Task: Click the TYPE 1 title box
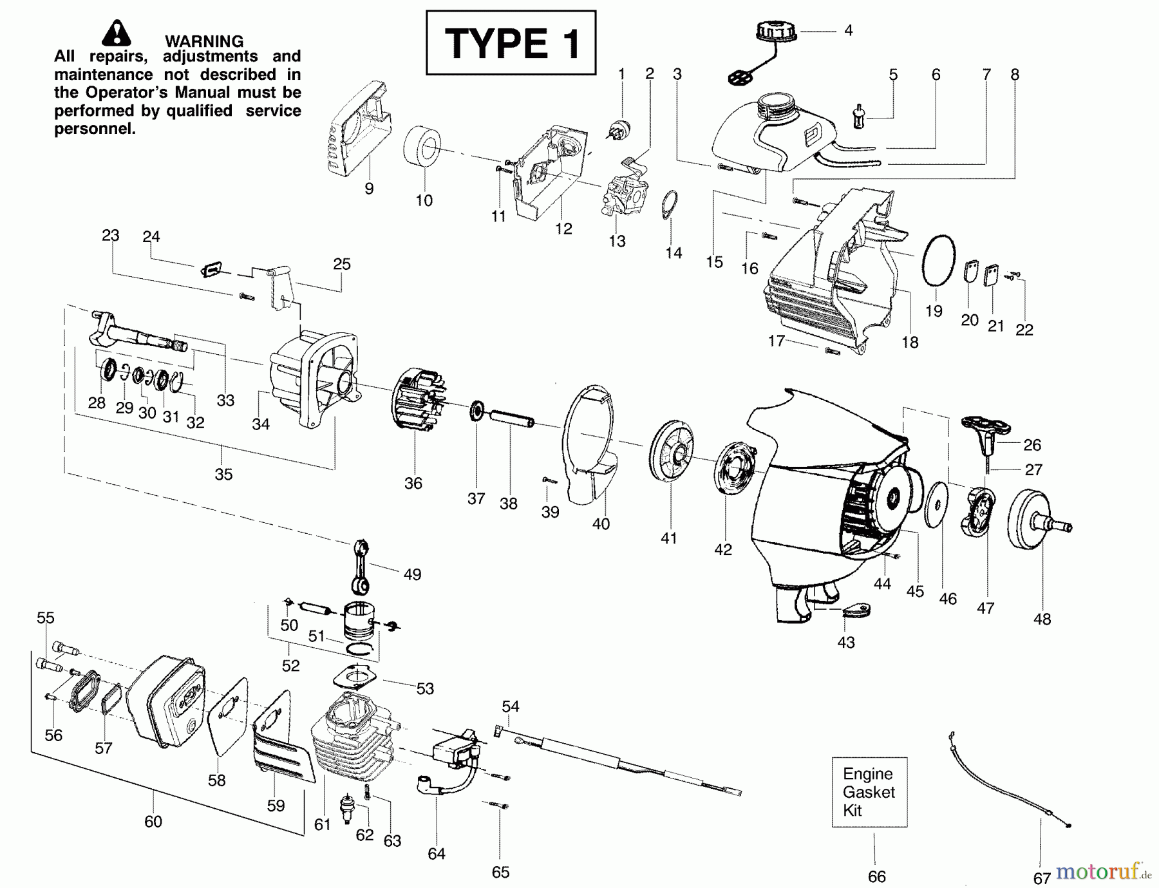(x=511, y=43)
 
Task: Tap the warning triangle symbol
(x=116, y=33)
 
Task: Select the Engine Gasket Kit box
(x=869, y=791)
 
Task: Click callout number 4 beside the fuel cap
(x=848, y=30)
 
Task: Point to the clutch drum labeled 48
(x=1039, y=520)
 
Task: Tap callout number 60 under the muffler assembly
(x=153, y=822)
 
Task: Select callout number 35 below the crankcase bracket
(x=223, y=474)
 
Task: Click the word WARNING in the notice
(x=204, y=41)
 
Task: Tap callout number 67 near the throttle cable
(x=1042, y=877)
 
